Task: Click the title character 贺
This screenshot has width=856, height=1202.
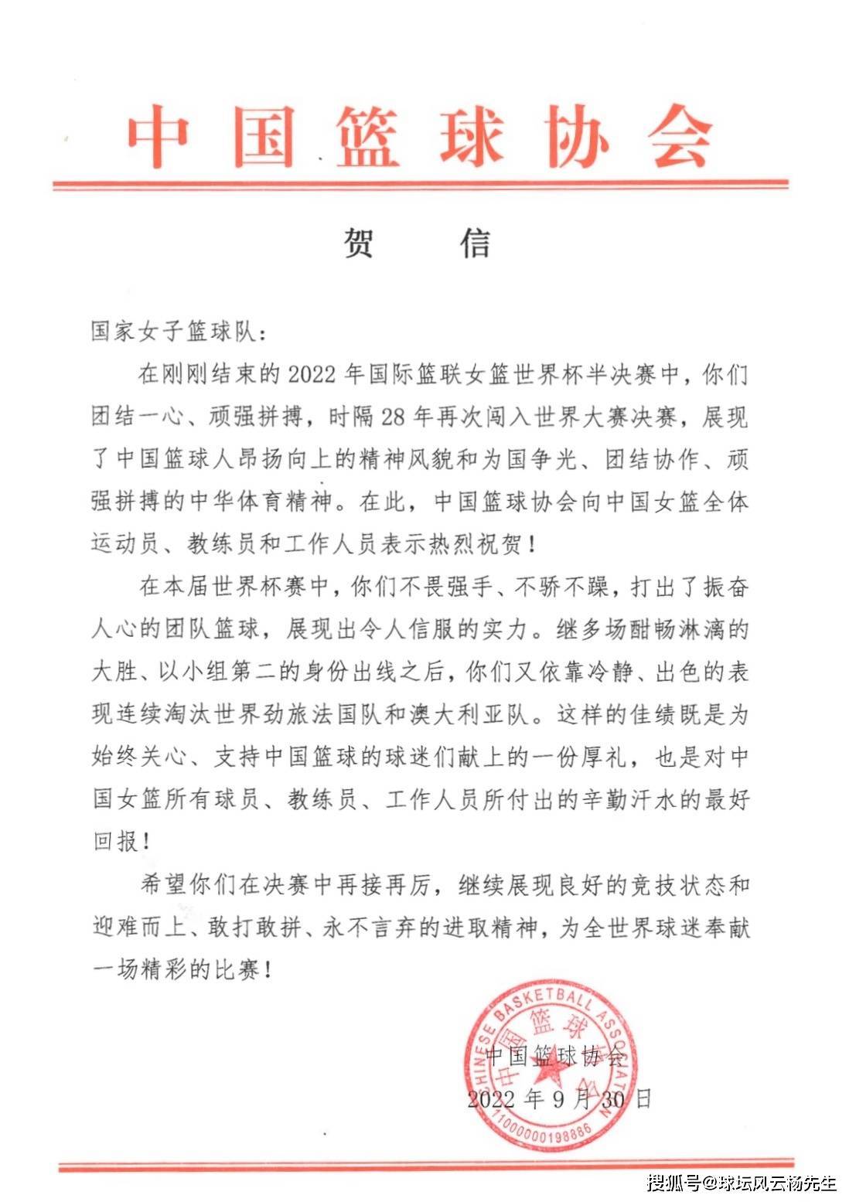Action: [358, 243]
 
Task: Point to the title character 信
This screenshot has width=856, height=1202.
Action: [476, 243]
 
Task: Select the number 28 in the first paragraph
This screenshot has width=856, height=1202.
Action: [394, 417]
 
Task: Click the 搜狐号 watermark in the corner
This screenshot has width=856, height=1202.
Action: [674, 1183]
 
